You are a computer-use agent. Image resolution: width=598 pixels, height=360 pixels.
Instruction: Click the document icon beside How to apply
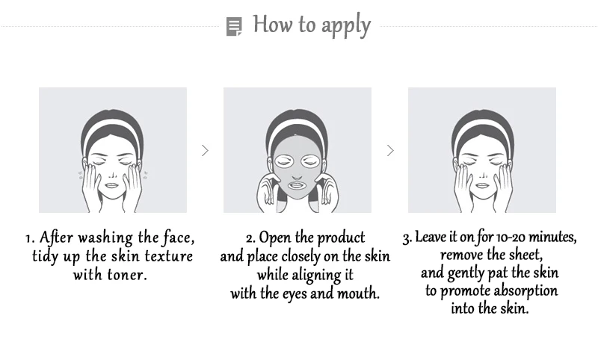coord(234,27)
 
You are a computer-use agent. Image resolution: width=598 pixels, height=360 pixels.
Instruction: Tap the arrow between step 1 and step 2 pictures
coord(205,150)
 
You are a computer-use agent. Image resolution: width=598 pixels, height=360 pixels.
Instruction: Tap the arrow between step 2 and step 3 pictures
coord(389,150)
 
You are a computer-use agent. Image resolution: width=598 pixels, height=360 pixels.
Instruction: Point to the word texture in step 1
coord(167,256)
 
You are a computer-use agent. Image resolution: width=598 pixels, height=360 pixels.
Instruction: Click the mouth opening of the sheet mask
coord(298,184)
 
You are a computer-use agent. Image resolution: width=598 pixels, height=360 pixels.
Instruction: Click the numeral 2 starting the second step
coord(250,239)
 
